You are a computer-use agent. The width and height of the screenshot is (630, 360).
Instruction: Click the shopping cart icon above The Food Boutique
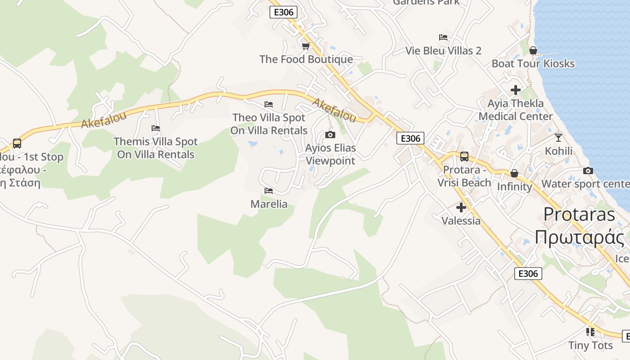pyautogui.click(x=306, y=46)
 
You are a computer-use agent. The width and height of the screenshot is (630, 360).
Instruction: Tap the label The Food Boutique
pyautogui.click(x=306, y=59)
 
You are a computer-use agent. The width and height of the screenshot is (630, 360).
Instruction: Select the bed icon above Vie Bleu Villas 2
pyautogui.click(x=443, y=37)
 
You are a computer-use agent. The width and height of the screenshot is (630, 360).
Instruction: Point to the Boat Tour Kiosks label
pyautogui.click(x=533, y=63)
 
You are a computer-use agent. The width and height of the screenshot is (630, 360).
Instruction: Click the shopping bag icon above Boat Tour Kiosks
pyautogui.click(x=533, y=50)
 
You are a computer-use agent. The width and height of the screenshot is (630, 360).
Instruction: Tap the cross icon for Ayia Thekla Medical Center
pyautogui.click(x=516, y=90)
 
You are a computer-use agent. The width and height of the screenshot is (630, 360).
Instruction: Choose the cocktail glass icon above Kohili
pyautogui.click(x=558, y=137)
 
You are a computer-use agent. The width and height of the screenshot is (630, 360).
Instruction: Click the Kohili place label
pyautogui.click(x=558, y=151)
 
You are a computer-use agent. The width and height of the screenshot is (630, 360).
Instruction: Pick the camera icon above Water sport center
pyautogui.click(x=588, y=171)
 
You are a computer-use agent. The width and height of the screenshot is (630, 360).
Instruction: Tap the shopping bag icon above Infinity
pyautogui.click(x=514, y=173)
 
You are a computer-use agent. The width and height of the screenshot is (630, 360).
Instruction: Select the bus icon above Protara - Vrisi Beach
pyautogui.click(x=464, y=157)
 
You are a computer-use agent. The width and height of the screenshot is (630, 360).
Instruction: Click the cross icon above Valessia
pyautogui.click(x=461, y=207)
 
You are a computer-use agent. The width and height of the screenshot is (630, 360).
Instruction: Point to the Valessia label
pyautogui.click(x=461, y=221)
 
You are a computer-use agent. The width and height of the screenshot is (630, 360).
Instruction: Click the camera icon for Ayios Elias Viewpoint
pyautogui.click(x=330, y=135)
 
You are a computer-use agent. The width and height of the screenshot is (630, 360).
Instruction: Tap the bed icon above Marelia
pyautogui.click(x=269, y=191)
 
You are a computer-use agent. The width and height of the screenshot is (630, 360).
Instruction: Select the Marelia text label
pyautogui.click(x=269, y=204)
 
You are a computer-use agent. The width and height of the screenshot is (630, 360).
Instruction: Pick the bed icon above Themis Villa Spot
pyautogui.click(x=156, y=128)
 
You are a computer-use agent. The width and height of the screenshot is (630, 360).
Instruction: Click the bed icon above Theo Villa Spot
pyautogui.click(x=269, y=104)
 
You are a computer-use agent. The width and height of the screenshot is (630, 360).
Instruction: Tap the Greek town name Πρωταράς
pyautogui.click(x=579, y=237)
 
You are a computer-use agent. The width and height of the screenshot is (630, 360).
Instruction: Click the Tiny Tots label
pyautogui.click(x=590, y=346)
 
